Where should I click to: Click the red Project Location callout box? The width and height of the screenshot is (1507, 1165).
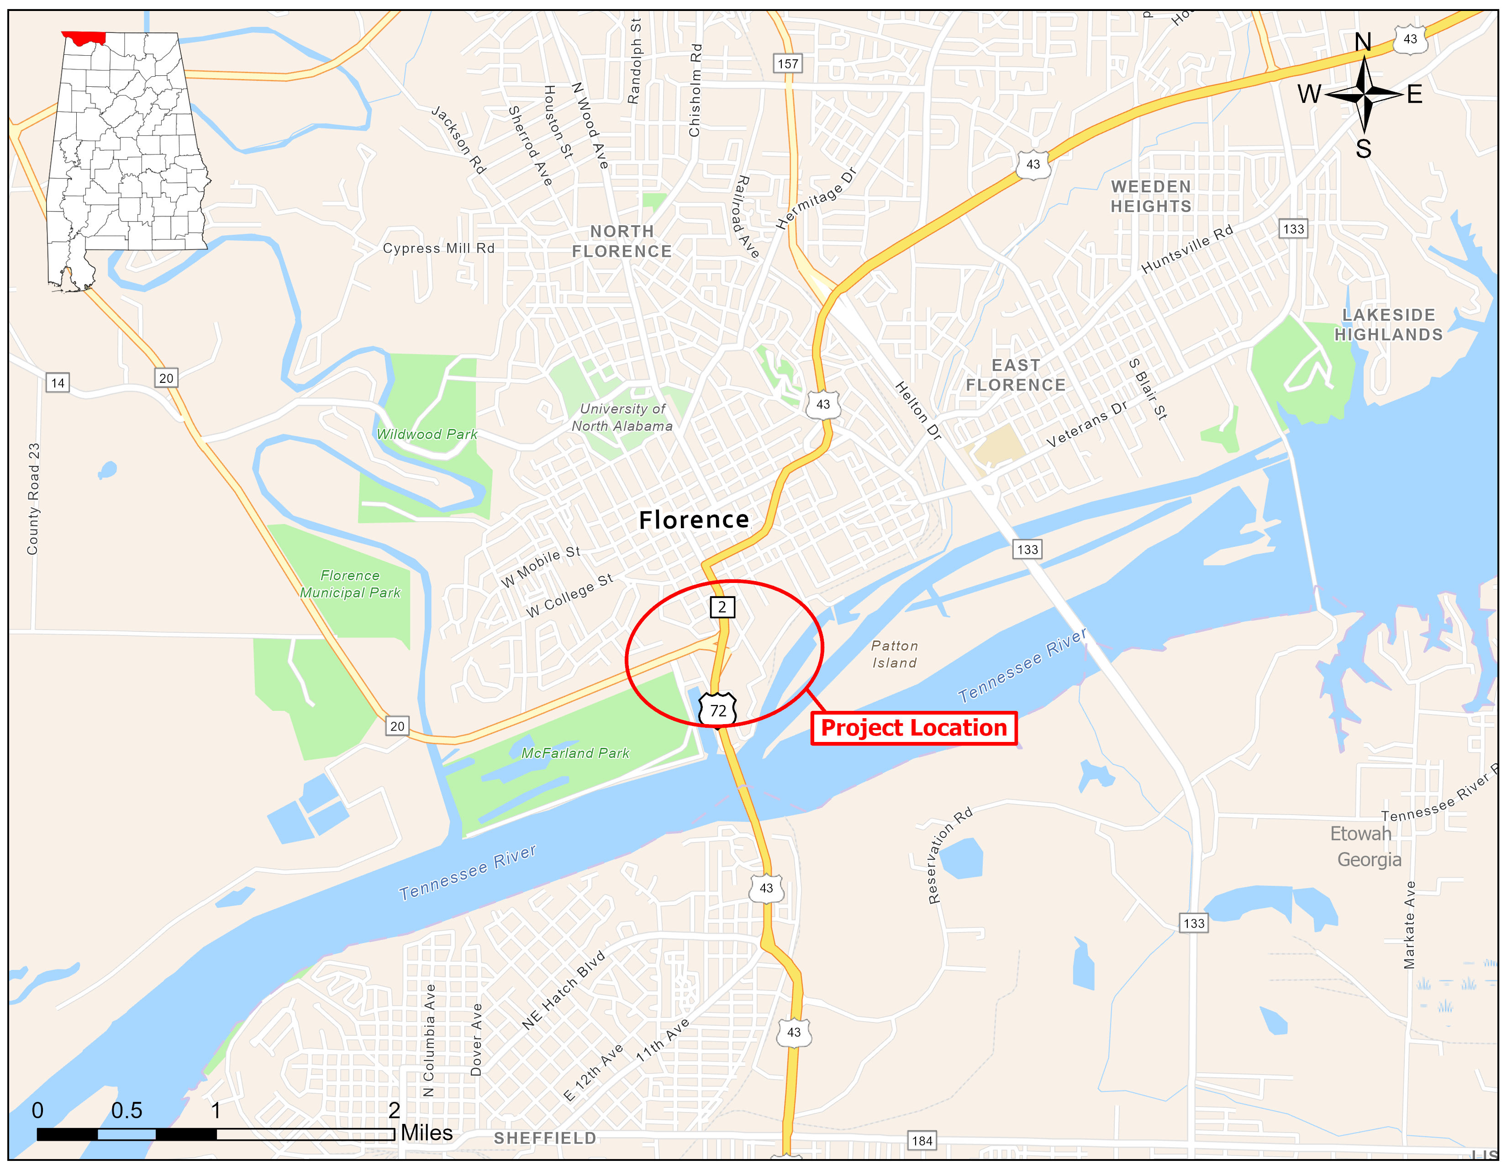(x=914, y=728)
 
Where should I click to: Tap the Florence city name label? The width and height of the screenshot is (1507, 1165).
(x=694, y=520)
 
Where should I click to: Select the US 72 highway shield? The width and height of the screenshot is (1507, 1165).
(x=717, y=710)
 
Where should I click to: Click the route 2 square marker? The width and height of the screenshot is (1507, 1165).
(x=722, y=607)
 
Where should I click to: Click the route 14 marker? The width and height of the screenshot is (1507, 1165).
(x=58, y=382)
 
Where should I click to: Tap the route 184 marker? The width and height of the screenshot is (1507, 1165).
(x=922, y=1140)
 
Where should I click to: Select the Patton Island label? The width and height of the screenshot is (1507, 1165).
(x=894, y=654)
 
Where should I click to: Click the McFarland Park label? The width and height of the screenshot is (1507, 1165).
(x=575, y=753)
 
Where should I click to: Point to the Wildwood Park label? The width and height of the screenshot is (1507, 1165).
(x=427, y=434)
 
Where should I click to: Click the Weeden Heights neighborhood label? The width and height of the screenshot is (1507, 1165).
(x=1151, y=197)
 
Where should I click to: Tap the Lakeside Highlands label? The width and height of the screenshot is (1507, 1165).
(x=1388, y=324)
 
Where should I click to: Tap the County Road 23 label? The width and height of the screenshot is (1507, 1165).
(x=33, y=498)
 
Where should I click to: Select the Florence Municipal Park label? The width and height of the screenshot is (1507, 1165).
(x=350, y=584)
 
